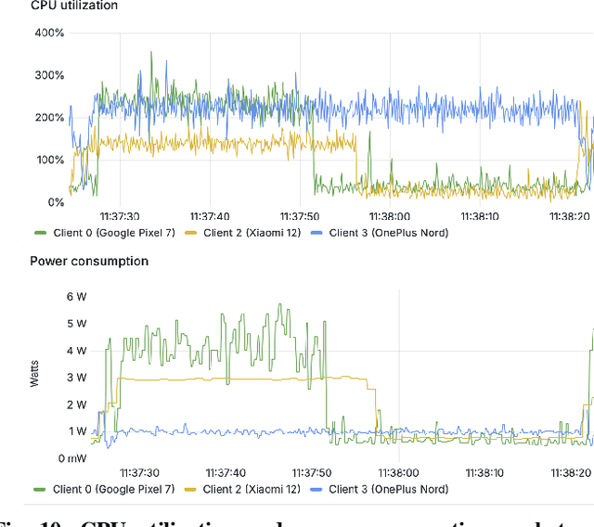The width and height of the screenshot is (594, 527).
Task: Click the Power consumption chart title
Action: click(x=89, y=261)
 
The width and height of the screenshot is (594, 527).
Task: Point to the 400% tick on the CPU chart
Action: click(x=49, y=33)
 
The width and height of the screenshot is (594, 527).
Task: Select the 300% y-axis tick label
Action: click(x=49, y=75)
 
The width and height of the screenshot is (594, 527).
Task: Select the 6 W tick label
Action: click(x=77, y=296)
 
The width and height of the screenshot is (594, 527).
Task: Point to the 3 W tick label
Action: click(x=77, y=378)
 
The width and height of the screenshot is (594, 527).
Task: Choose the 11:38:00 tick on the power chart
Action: click(x=399, y=472)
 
